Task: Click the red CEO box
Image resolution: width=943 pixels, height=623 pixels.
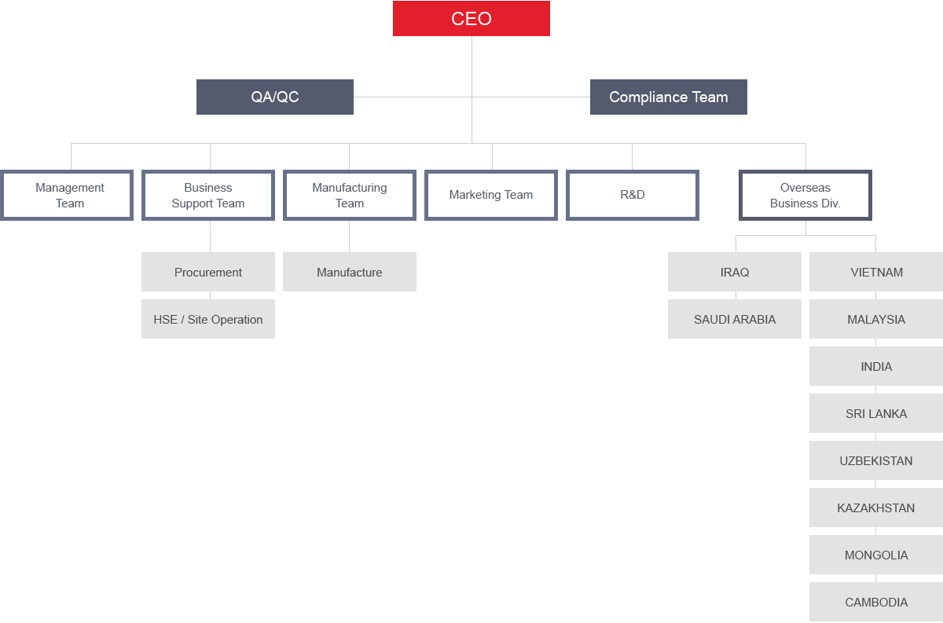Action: pos(471,19)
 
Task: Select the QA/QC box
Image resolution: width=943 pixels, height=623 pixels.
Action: pos(275,97)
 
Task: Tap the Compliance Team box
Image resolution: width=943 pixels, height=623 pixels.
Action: pos(669,97)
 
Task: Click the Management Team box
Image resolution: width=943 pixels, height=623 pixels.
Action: pos(67,196)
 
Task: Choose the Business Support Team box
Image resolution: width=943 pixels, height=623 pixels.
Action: pos(208,196)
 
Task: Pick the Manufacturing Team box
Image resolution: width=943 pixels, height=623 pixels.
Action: pos(350,196)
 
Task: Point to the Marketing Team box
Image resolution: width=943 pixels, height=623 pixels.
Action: pos(491,196)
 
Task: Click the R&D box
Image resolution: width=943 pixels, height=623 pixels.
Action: pos(633,196)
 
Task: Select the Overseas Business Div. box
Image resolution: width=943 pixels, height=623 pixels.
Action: pos(805,196)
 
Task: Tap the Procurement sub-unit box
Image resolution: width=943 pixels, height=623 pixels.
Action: pos(208,272)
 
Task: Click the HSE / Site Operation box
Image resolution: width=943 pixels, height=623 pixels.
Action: pos(208,319)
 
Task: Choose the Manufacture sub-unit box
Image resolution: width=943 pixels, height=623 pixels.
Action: pos(350,272)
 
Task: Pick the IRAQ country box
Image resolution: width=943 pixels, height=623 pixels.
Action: pos(735,272)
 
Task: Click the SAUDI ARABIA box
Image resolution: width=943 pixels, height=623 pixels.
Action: pos(735,319)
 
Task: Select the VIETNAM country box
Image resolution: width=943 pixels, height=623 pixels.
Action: pos(876,272)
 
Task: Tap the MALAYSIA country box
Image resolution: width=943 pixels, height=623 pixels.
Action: pos(876,319)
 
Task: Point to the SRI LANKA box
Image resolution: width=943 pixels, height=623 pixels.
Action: pos(876,413)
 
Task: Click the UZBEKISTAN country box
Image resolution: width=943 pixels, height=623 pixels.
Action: pos(876,460)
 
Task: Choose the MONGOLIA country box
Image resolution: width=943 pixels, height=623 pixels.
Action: pos(876,555)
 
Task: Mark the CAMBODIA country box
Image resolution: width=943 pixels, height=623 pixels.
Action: pos(876,602)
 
